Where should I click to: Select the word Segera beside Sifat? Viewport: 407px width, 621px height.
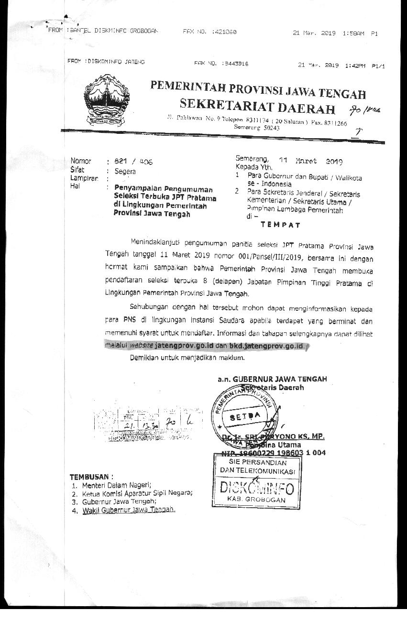(x=125, y=171)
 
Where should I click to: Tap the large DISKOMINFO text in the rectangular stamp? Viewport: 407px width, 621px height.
(x=256, y=487)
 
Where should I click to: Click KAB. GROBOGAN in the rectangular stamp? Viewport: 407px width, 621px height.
(x=256, y=500)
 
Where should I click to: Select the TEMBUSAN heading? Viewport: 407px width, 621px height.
(x=91, y=477)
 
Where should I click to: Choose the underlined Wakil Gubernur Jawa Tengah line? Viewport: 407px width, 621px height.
(x=129, y=510)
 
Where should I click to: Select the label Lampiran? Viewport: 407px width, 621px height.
(x=84, y=178)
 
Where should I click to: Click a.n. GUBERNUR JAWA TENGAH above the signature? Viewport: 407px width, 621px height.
(x=272, y=379)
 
